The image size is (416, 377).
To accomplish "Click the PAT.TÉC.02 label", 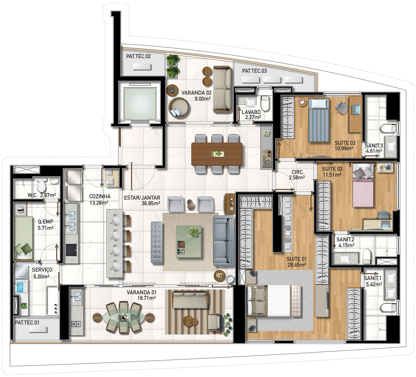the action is (x=138, y=56).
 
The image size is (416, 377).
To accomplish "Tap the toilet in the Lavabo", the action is (x=265, y=103).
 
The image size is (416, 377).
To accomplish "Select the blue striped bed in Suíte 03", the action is (x=319, y=120).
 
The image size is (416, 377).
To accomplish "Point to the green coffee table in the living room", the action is (x=188, y=241).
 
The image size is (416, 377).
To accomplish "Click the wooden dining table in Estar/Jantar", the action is (x=217, y=154).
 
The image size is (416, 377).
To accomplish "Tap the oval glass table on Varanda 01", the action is (x=124, y=317).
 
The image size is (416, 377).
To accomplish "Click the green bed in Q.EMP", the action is (x=23, y=238).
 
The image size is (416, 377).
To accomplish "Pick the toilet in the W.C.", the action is (x=42, y=186).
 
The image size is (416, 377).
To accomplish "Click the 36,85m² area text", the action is (x=151, y=203).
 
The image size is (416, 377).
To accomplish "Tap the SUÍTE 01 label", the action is (x=297, y=259).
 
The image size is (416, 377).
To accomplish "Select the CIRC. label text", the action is (x=297, y=172).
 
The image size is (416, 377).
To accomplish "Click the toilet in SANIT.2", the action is (x=366, y=257).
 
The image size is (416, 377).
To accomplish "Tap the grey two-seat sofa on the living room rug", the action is (x=223, y=241).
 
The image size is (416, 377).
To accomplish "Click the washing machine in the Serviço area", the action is (x=21, y=271).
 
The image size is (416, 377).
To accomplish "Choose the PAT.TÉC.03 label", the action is (x=254, y=71).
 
